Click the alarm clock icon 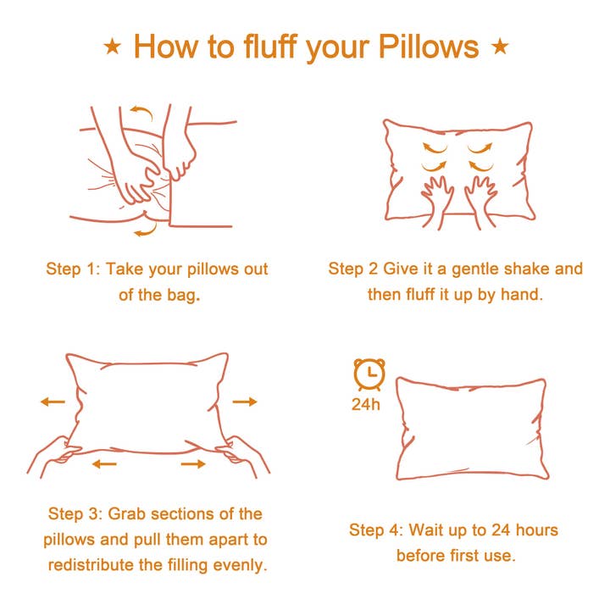pyautogui.click(x=369, y=374)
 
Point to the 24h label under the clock pyautogui.click(x=366, y=404)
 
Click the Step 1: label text pyautogui.click(x=75, y=269)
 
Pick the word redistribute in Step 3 pyautogui.click(x=91, y=564)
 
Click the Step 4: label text pyautogui.click(x=377, y=530)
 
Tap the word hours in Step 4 pyautogui.click(x=535, y=530)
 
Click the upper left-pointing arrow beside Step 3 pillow pyautogui.click(x=53, y=402)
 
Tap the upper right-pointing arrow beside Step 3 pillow pyautogui.click(x=245, y=402)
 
